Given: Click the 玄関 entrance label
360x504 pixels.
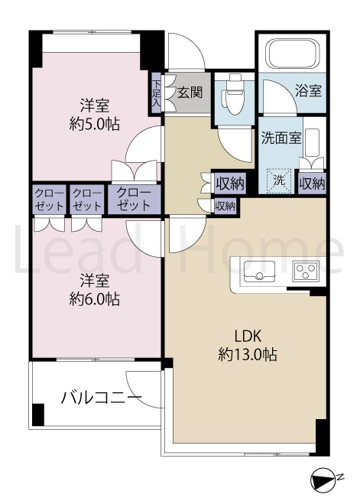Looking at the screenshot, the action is pyautogui.click(x=190, y=93).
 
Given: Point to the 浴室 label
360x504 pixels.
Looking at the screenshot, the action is pyautogui.click(x=308, y=91).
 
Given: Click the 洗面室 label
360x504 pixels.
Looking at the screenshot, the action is pyautogui.click(x=281, y=138).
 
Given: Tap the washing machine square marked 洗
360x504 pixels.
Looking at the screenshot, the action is pyautogui.click(x=280, y=181).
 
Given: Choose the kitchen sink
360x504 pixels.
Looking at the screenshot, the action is pyautogui.click(x=259, y=271).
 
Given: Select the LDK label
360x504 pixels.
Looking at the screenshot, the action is pyautogui.click(x=248, y=337).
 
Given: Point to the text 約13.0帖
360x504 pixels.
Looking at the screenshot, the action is pyautogui.click(x=248, y=355).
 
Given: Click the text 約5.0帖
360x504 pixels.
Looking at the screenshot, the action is pyautogui.click(x=95, y=124).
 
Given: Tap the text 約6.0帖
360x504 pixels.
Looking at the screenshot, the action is pyautogui.click(x=95, y=300).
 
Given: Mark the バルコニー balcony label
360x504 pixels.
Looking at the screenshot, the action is pyautogui.click(x=102, y=398).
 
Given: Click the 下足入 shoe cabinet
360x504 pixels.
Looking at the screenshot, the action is pyautogui.click(x=157, y=93).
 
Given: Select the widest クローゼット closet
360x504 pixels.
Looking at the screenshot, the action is pyautogui.click(x=134, y=200).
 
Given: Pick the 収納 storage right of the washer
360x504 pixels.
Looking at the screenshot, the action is pyautogui.click(x=312, y=184).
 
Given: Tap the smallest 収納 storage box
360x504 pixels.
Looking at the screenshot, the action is pyautogui.click(x=225, y=206).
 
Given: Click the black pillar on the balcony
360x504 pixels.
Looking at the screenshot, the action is pyautogui.click(x=38, y=415).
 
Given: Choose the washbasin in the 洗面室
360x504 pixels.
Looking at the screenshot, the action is pyautogui.click(x=312, y=143).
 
